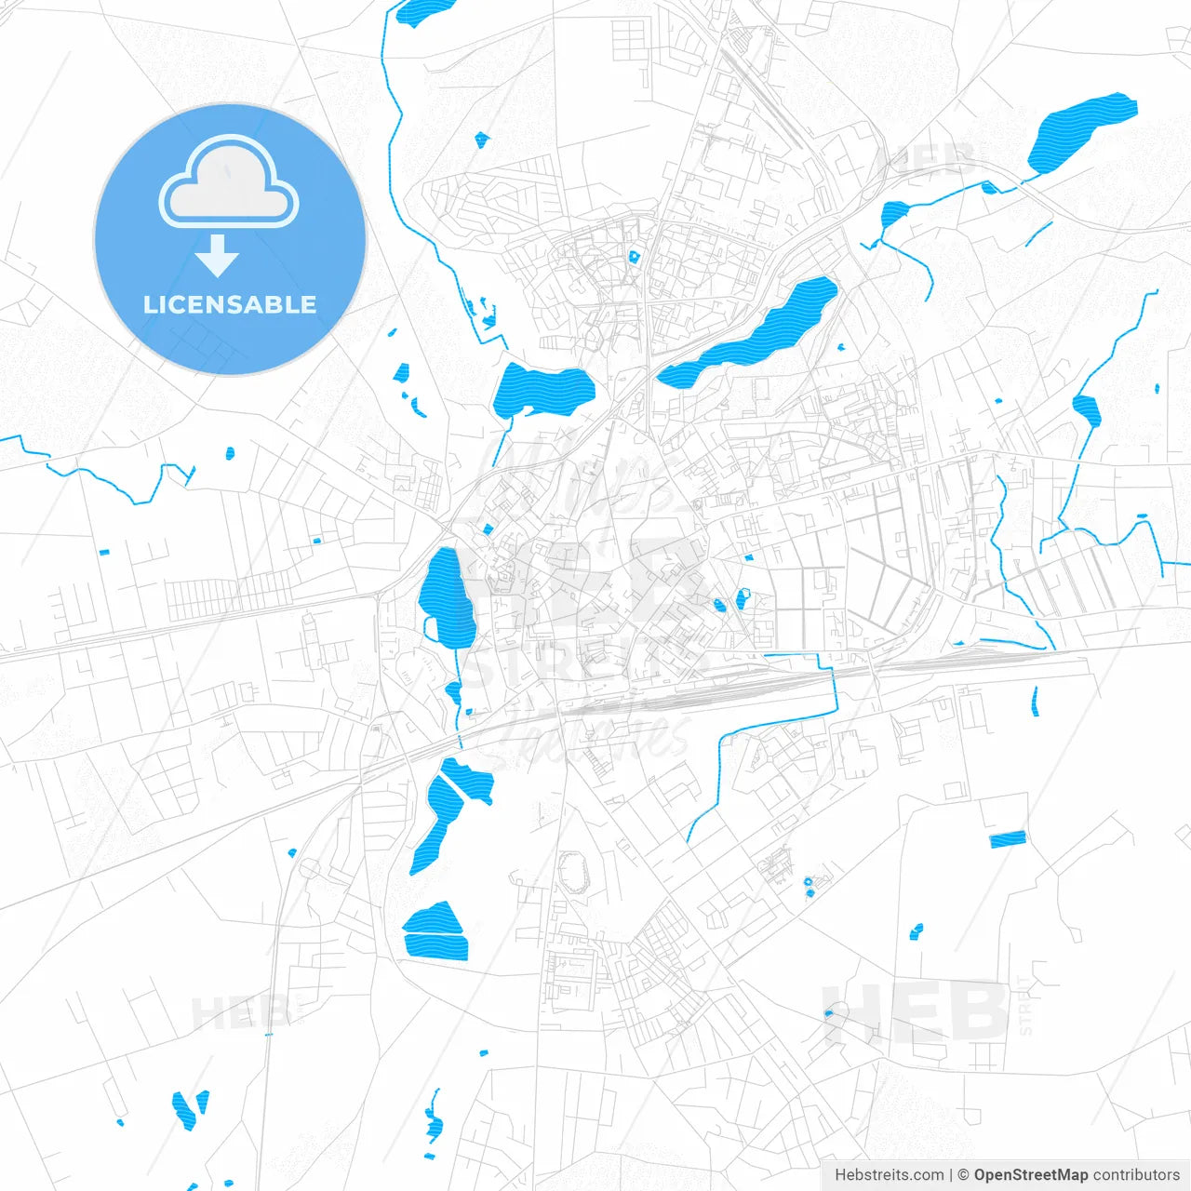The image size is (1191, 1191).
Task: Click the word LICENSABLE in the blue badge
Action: (x=230, y=304)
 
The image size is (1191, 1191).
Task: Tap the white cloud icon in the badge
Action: (x=229, y=183)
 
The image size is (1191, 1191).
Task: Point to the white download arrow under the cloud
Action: (x=218, y=255)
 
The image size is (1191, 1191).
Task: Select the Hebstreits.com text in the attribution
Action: (x=889, y=1175)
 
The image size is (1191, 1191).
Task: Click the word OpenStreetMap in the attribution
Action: (x=1031, y=1175)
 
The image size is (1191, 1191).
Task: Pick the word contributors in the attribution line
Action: (x=1136, y=1175)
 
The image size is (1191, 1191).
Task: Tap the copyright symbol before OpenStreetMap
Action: (x=964, y=1175)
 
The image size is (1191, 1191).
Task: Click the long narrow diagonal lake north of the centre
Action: (x=754, y=333)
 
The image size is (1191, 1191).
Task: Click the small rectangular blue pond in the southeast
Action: (x=1007, y=839)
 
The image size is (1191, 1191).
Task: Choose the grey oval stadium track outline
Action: (x=573, y=873)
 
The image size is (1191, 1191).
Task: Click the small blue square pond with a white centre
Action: (x=635, y=256)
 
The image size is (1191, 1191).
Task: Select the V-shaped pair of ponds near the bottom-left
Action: (x=191, y=1108)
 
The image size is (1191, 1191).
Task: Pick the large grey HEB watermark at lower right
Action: (x=917, y=1012)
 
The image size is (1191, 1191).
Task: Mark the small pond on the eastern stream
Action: (x=1087, y=409)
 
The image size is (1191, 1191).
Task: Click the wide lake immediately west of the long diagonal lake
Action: (x=542, y=391)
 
